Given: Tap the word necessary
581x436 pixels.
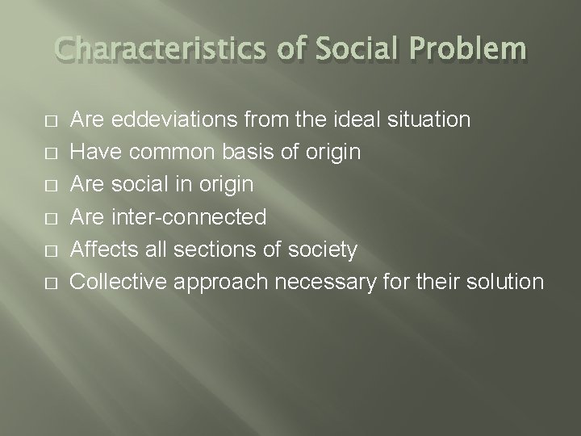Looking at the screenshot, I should click(x=328, y=283).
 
